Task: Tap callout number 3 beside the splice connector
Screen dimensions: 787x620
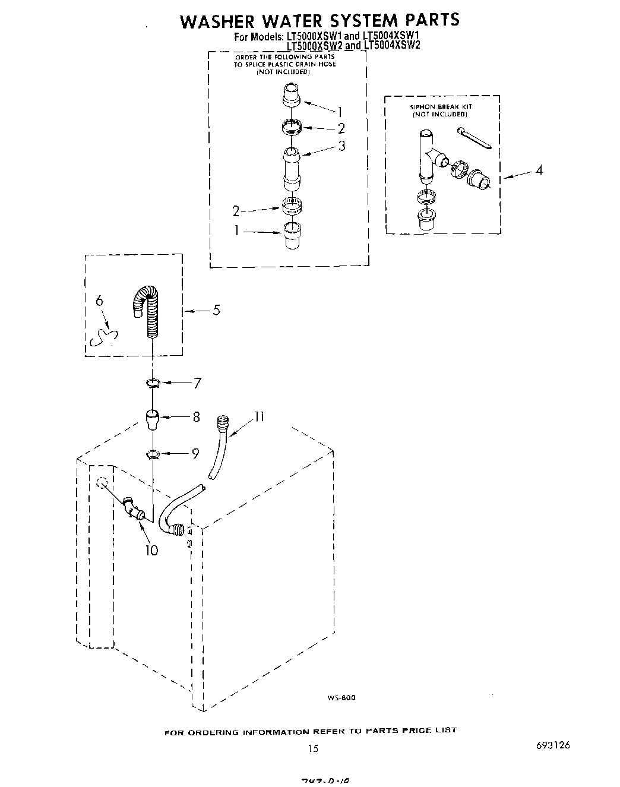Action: [x=341, y=146]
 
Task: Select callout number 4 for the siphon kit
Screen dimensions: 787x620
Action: [x=539, y=170]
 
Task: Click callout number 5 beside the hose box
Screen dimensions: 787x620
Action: [x=216, y=309]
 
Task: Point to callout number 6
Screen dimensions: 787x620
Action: [x=99, y=301]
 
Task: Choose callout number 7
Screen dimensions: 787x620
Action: [x=197, y=383]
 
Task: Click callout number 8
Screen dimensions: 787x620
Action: [x=196, y=417]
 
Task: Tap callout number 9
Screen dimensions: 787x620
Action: [x=195, y=454]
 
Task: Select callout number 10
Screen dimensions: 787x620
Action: [x=151, y=550]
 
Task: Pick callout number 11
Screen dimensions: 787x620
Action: [x=259, y=416]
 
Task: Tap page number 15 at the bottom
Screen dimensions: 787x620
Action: [x=313, y=748]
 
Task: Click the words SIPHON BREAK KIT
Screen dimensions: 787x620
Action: [x=441, y=107]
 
